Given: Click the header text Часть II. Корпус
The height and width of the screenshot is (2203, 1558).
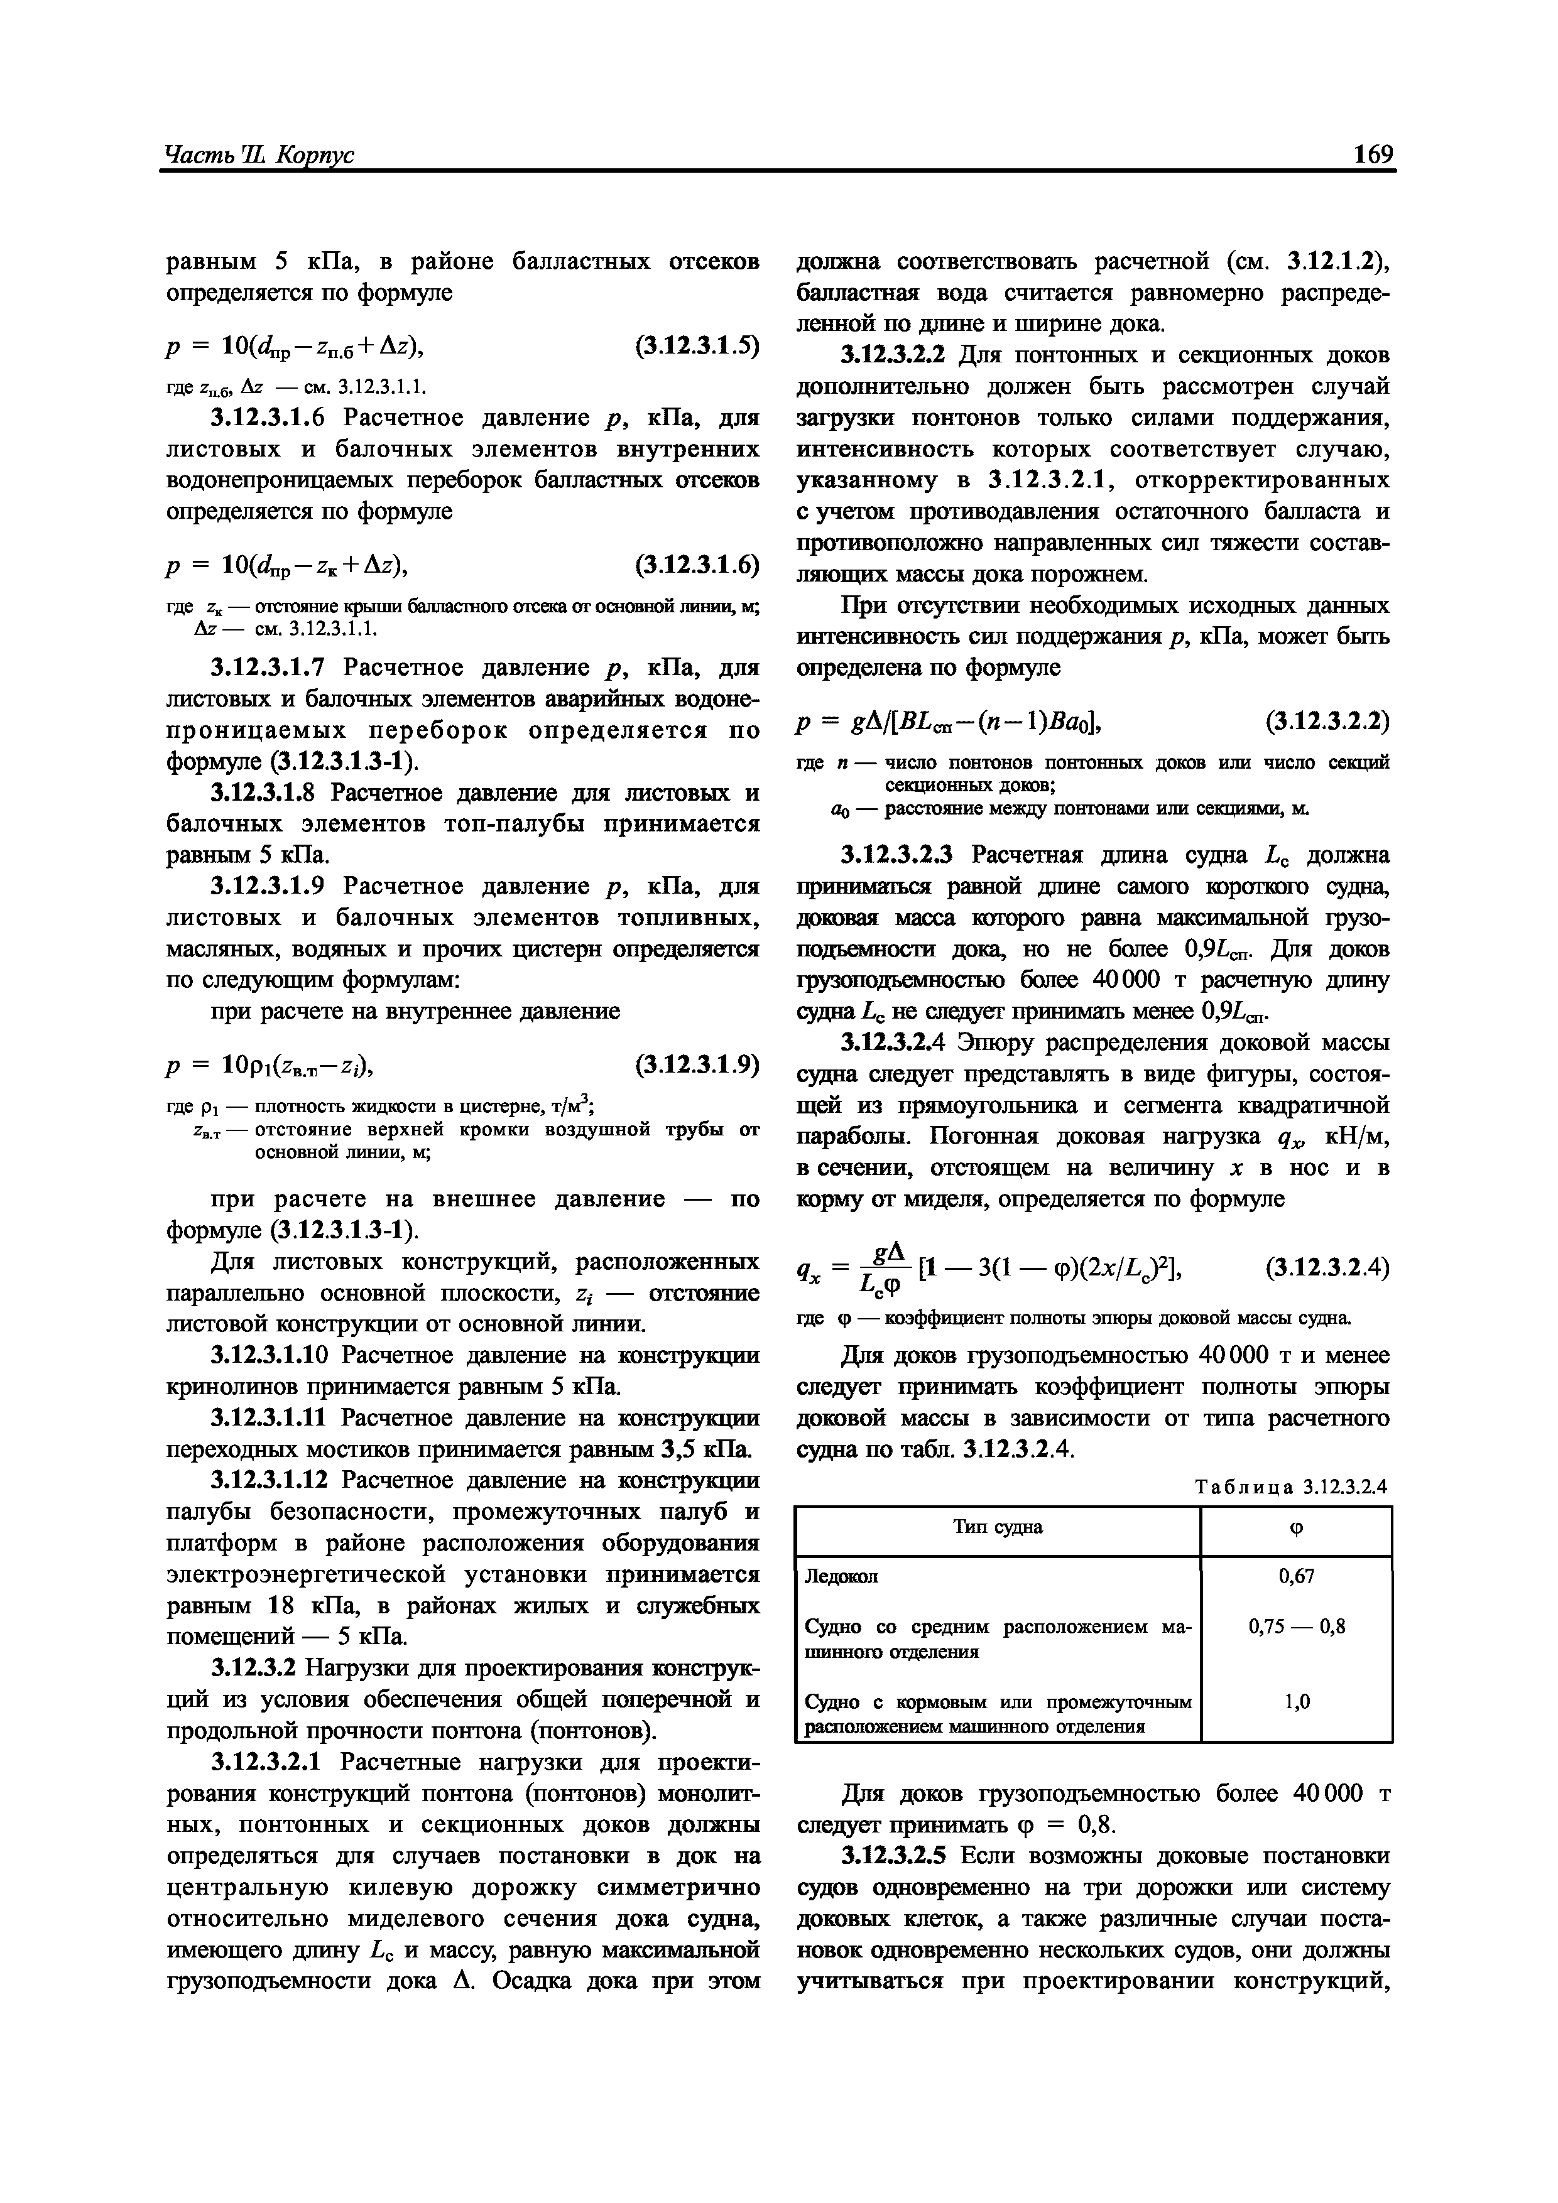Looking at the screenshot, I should tap(260, 156).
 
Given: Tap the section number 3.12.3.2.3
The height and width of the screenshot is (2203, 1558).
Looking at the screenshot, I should tap(898, 855).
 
